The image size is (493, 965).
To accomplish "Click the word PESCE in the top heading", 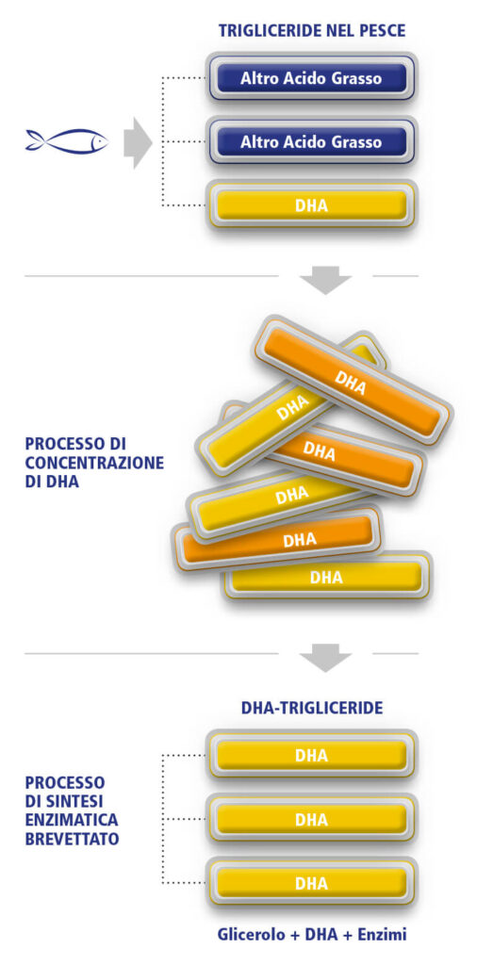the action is (x=382, y=30).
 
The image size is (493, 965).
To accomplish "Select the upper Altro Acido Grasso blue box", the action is (x=311, y=78).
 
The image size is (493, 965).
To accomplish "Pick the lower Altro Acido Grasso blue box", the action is (x=311, y=142).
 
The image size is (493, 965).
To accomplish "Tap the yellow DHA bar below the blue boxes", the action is (x=311, y=204).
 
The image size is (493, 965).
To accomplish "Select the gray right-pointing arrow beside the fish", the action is (x=138, y=143).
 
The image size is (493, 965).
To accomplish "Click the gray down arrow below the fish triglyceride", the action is (x=325, y=280).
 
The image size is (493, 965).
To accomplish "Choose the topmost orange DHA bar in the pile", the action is (x=352, y=379).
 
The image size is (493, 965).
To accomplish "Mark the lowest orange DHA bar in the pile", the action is (x=277, y=539).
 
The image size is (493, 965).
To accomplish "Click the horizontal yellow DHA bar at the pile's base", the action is (x=327, y=576).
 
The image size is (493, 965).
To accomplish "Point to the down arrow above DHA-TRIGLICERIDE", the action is (x=325, y=657).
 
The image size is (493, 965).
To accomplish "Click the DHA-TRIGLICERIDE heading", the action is (x=312, y=708).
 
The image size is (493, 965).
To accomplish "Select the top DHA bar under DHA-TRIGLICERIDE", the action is (x=311, y=755).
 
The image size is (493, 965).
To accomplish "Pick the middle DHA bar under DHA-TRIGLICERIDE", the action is (x=311, y=819).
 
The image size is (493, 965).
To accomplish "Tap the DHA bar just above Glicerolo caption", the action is (x=311, y=883).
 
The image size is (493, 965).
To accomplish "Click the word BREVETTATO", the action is (x=72, y=839).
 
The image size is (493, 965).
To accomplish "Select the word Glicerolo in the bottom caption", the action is (x=246, y=935).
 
